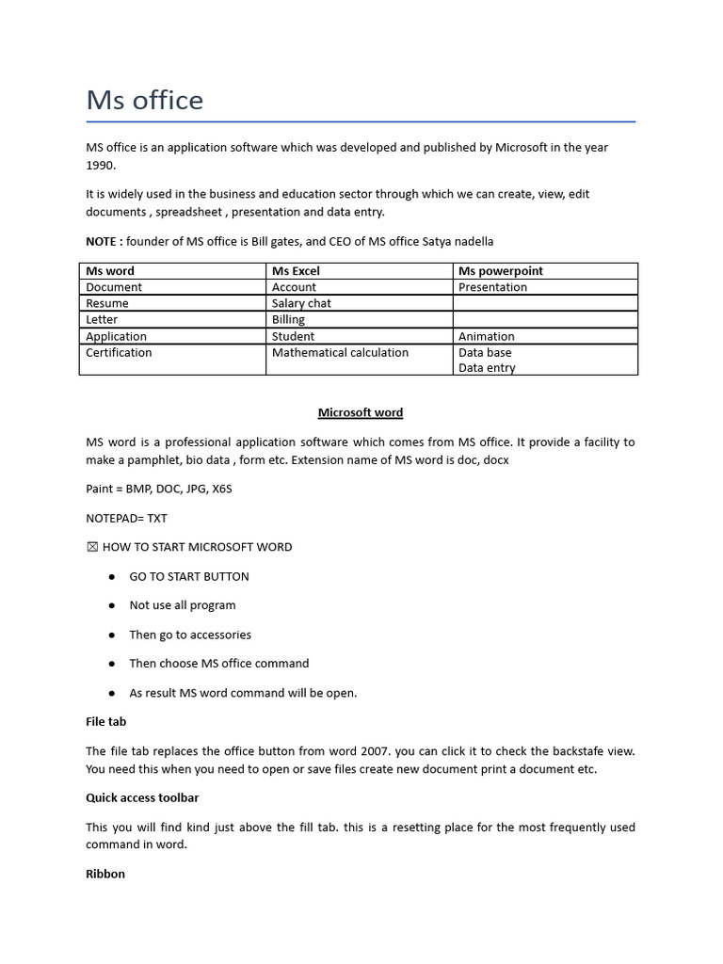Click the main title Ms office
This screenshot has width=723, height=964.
pyautogui.click(x=144, y=100)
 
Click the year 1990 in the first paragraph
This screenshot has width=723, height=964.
pyautogui.click(x=100, y=165)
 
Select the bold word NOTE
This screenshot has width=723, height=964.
pyautogui.click(x=103, y=242)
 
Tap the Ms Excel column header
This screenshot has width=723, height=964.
pyautogui.click(x=296, y=271)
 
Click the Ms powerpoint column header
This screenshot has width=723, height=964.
pyautogui.click(x=500, y=271)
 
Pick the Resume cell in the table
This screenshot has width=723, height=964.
pyautogui.click(x=107, y=303)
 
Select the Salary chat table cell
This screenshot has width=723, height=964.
pyautogui.click(x=301, y=303)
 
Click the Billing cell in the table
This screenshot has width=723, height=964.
pyautogui.click(x=288, y=319)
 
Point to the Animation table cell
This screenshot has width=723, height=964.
pyautogui.click(x=486, y=336)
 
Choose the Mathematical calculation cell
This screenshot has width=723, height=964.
pyautogui.click(x=340, y=353)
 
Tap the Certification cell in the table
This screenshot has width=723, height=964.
pyautogui.click(x=119, y=353)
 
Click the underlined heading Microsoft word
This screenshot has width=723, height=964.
pyautogui.click(x=361, y=412)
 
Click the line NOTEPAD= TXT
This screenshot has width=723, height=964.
pyautogui.click(x=126, y=518)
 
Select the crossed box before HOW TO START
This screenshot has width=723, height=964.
pyautogui.click(x=91, y=547)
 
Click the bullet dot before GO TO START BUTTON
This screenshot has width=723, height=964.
pyautogui.click(x=111, y=576)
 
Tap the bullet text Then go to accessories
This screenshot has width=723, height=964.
pyautogui.click(x=190, y=635)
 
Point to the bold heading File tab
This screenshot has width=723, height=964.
pyautogui.click(x=105, y=721)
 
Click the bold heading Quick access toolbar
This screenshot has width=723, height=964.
pyautogui.click(x=142, y=797)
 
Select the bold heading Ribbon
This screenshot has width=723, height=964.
pyautogui.click(x=105, y=874)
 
